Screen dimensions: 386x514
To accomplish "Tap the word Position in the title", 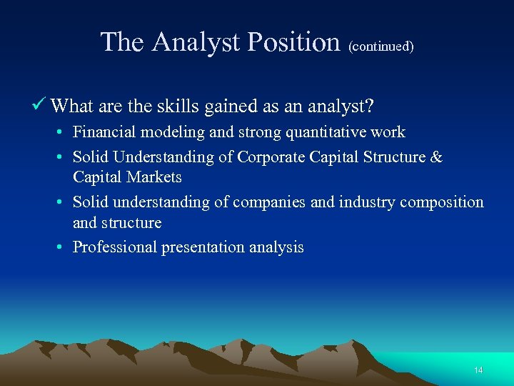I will (293, 42).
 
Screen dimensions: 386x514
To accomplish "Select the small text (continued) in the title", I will (381, 46).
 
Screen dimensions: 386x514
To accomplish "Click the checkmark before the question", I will (41, 106).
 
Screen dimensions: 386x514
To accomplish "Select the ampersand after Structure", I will (436, 157).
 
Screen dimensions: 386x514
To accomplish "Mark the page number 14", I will (478, 370).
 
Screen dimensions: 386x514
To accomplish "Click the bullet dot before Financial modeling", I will (64, 133).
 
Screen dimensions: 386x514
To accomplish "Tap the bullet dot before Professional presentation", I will (64, 248).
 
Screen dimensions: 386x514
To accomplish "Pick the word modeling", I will (167, 132).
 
